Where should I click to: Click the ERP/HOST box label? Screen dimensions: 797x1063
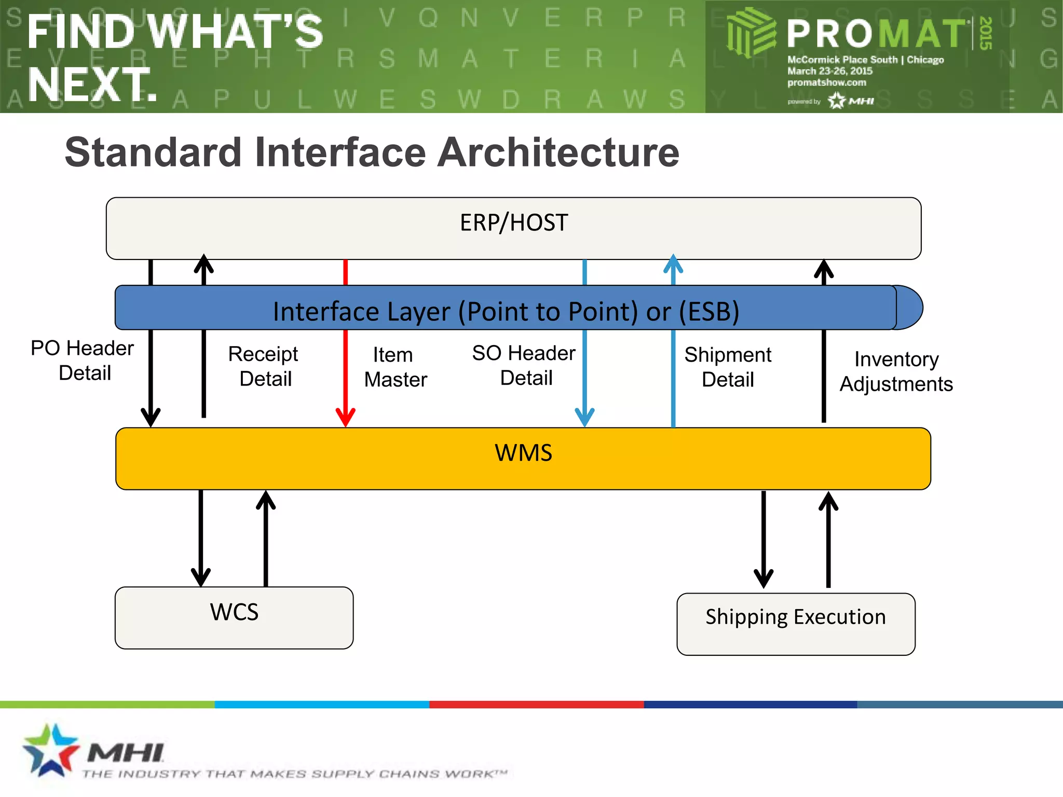(x=514, y=223)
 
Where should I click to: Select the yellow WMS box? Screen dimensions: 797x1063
(x=523, y=459)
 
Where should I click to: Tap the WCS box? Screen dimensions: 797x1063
(x=234, y=617)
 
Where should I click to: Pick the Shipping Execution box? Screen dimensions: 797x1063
(x=795, y=624)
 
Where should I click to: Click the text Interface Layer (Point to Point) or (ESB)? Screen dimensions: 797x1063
(x=506, y=312)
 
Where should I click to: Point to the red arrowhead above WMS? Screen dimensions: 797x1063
(x=346, y=418)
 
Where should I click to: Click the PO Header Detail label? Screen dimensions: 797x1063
(x=83, y=361)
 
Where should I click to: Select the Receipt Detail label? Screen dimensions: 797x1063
(x=264, y=366)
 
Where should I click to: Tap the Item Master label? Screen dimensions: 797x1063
(x=395, y=367)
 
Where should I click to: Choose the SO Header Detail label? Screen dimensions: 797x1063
(x=524, y=365)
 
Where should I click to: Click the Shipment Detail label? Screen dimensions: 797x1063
(x=728, y=367)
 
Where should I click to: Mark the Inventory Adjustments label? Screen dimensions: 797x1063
(x=896, y=372)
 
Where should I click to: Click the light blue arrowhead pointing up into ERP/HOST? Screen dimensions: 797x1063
(x=673, y=263)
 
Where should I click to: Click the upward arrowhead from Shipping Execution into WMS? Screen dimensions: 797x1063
(x=828, y=502)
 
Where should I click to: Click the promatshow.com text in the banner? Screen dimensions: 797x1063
(x=826, y=83)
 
